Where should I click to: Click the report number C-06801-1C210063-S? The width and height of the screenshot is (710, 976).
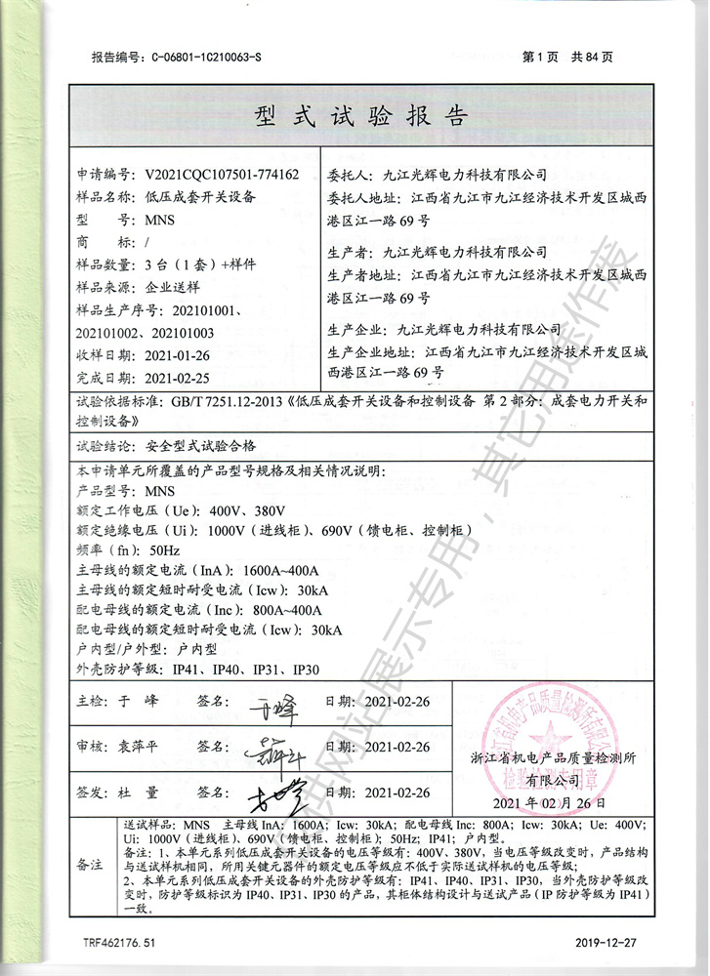click(x=206, y=58)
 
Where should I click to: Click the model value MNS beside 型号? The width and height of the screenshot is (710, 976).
click(x=159, y=220)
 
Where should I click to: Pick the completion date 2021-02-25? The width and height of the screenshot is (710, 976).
click(x=177, y=377)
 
